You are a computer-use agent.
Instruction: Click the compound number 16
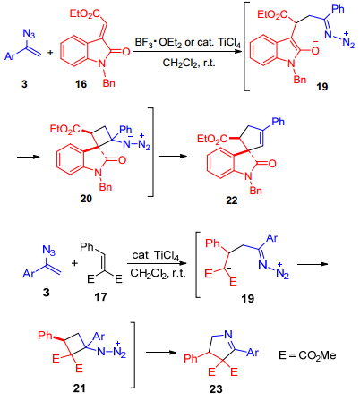tap(81, 84)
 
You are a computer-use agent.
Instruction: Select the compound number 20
tap(86, 199)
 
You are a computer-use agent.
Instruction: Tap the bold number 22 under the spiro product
tap(231, 200)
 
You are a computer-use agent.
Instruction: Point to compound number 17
tap(100, 297)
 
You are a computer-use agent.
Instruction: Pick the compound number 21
tap(79, 388)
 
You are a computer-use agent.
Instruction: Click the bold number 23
tap(216, 388)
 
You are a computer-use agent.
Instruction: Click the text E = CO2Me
tap(307, 355)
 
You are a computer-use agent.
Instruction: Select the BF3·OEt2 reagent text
tap(158, 43)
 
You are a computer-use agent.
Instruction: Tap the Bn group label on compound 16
tap(109, 83)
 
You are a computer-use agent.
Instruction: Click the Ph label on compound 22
tap(279, 122)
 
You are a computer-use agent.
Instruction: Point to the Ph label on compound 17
tap(87, 247)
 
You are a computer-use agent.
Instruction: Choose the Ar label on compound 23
tap(253, 353)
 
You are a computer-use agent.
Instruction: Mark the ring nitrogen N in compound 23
tap(228, 335)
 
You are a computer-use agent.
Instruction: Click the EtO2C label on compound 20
tap(64, 129)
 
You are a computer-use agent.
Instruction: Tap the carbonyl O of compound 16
tap(126, 52)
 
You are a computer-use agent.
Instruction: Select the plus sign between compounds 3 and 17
tap(74, 263)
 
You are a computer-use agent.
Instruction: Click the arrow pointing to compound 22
tap(173, 156)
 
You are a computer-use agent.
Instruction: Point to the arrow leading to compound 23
tap(161, 353)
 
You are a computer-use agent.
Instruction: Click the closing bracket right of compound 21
tap(134, 355)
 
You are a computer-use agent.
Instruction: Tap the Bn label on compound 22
tap(255, 191)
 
